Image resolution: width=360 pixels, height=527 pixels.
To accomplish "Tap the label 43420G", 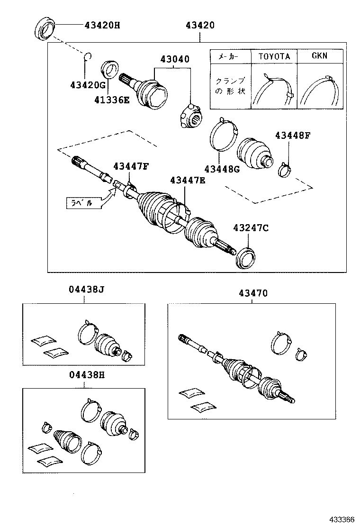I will [87, 85].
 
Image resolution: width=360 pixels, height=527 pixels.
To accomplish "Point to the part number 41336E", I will [111, 100].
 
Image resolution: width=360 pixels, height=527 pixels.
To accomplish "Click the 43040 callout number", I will [174, 60].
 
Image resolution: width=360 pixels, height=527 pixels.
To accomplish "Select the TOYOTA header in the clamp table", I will [274, 56].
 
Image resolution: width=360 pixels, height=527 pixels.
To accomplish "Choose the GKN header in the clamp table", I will [319, 55].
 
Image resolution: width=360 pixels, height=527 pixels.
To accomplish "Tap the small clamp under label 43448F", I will [285, 169].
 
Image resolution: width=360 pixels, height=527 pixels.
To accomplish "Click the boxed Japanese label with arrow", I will [83, 203].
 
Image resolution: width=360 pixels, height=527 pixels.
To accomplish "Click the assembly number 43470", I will [252, 293].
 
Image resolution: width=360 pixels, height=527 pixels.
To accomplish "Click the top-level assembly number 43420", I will [198, 25].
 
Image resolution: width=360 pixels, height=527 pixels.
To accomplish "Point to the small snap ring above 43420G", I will [87, 58].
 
